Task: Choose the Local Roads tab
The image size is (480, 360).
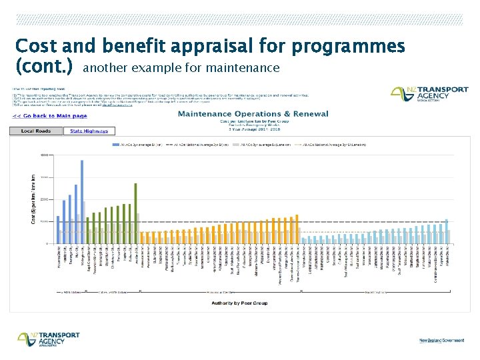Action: pos(36,131)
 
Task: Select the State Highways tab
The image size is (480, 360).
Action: pos(89,131)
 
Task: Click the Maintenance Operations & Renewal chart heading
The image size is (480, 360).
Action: pos(253,114)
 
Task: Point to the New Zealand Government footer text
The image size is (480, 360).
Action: pos(441,340)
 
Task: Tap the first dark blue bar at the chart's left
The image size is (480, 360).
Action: pos(58,229)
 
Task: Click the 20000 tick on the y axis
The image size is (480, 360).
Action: pos(44,199)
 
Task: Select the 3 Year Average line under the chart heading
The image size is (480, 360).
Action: pos(253,128)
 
